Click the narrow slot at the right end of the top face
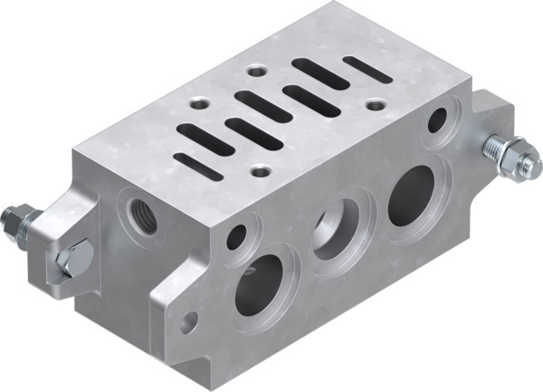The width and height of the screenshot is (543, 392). (368, 69)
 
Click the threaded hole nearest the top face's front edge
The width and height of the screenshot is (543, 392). (262, 169)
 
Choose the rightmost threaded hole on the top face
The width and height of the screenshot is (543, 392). (372, 105)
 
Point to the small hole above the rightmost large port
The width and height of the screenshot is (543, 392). (440, 118)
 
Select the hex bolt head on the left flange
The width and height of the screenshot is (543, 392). (71, 260)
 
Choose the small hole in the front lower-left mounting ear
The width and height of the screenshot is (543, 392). (190, 321)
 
